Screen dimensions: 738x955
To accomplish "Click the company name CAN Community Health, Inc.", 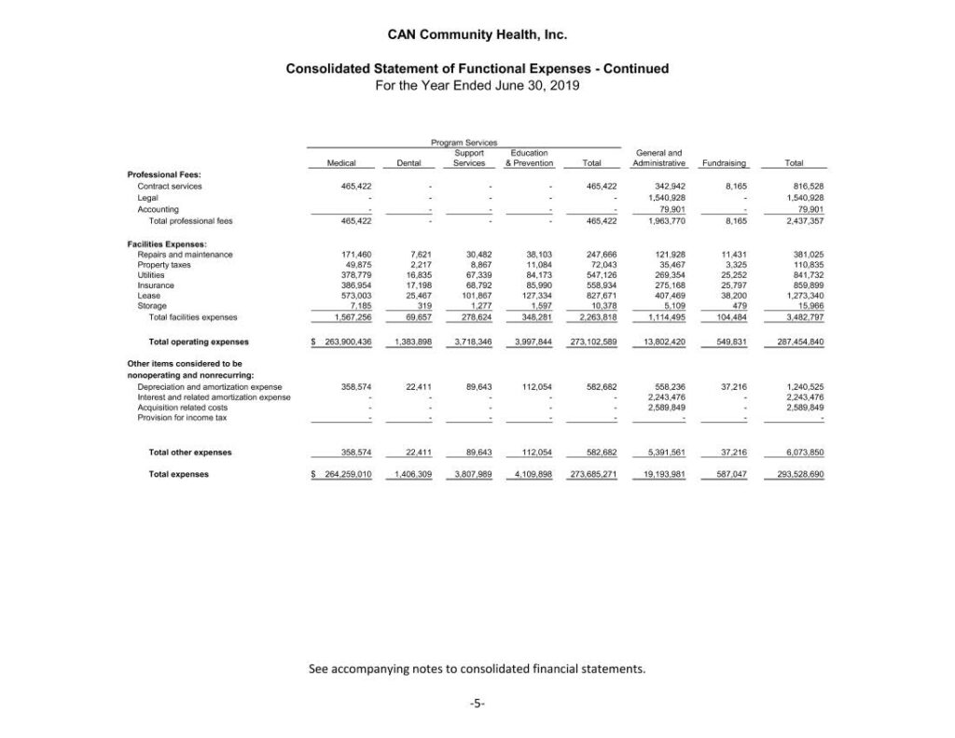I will click(x=477, y=36).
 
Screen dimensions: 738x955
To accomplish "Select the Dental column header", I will click(x=410, y=163).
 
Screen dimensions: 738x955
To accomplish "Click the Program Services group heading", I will click(x=464, y=142).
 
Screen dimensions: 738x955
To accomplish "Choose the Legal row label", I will click(x=147, y=198).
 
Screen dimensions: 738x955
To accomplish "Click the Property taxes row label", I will click(x=164, y=265).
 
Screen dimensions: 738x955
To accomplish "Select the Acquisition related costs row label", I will click(x=182, y=408).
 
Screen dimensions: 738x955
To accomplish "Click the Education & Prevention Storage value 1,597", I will click(x=541, y=306).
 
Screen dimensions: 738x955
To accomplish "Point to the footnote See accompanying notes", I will click(x=477, y=669).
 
